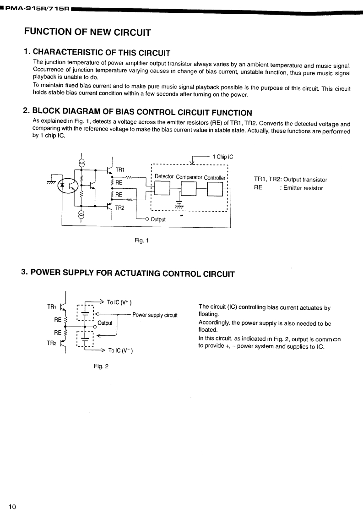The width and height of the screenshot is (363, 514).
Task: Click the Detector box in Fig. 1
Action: tap(163, 188)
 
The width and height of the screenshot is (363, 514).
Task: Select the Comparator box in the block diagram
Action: tap(189, 188)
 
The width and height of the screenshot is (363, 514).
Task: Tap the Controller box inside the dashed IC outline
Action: tap(215, 188)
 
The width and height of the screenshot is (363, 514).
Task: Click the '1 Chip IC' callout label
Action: tap(223, 157)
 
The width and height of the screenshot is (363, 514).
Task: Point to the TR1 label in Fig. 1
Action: tap(120, 170)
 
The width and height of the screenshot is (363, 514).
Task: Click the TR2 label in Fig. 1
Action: tap(120, 208)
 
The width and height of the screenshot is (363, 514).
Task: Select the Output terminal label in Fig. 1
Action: tap(158, 219)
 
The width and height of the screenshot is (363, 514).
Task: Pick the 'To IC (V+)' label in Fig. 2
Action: tap(119, 302)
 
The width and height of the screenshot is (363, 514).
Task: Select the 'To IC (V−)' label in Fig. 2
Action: tap(120, 351)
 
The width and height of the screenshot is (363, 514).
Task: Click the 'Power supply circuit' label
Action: tap(155, 315)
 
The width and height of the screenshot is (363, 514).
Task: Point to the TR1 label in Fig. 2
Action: tap(52, 306)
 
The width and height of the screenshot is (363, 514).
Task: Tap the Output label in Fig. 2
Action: tap(105, 323)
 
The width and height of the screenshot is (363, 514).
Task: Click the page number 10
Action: tap(12, 506)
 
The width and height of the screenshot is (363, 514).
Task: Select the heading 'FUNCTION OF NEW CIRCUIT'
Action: tap(87, 32)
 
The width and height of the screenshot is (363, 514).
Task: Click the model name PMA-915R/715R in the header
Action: tap(37, 8)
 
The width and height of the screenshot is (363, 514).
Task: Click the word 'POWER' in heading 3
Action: tap(48, 273)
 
